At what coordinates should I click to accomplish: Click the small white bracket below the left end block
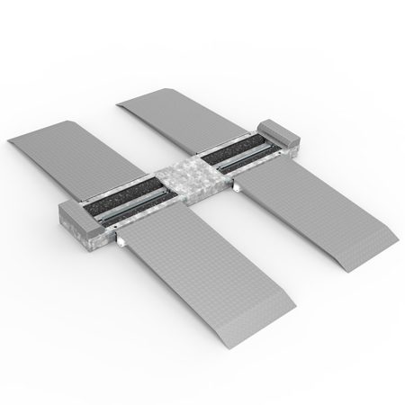118,242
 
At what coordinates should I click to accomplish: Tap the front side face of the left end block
85,237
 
